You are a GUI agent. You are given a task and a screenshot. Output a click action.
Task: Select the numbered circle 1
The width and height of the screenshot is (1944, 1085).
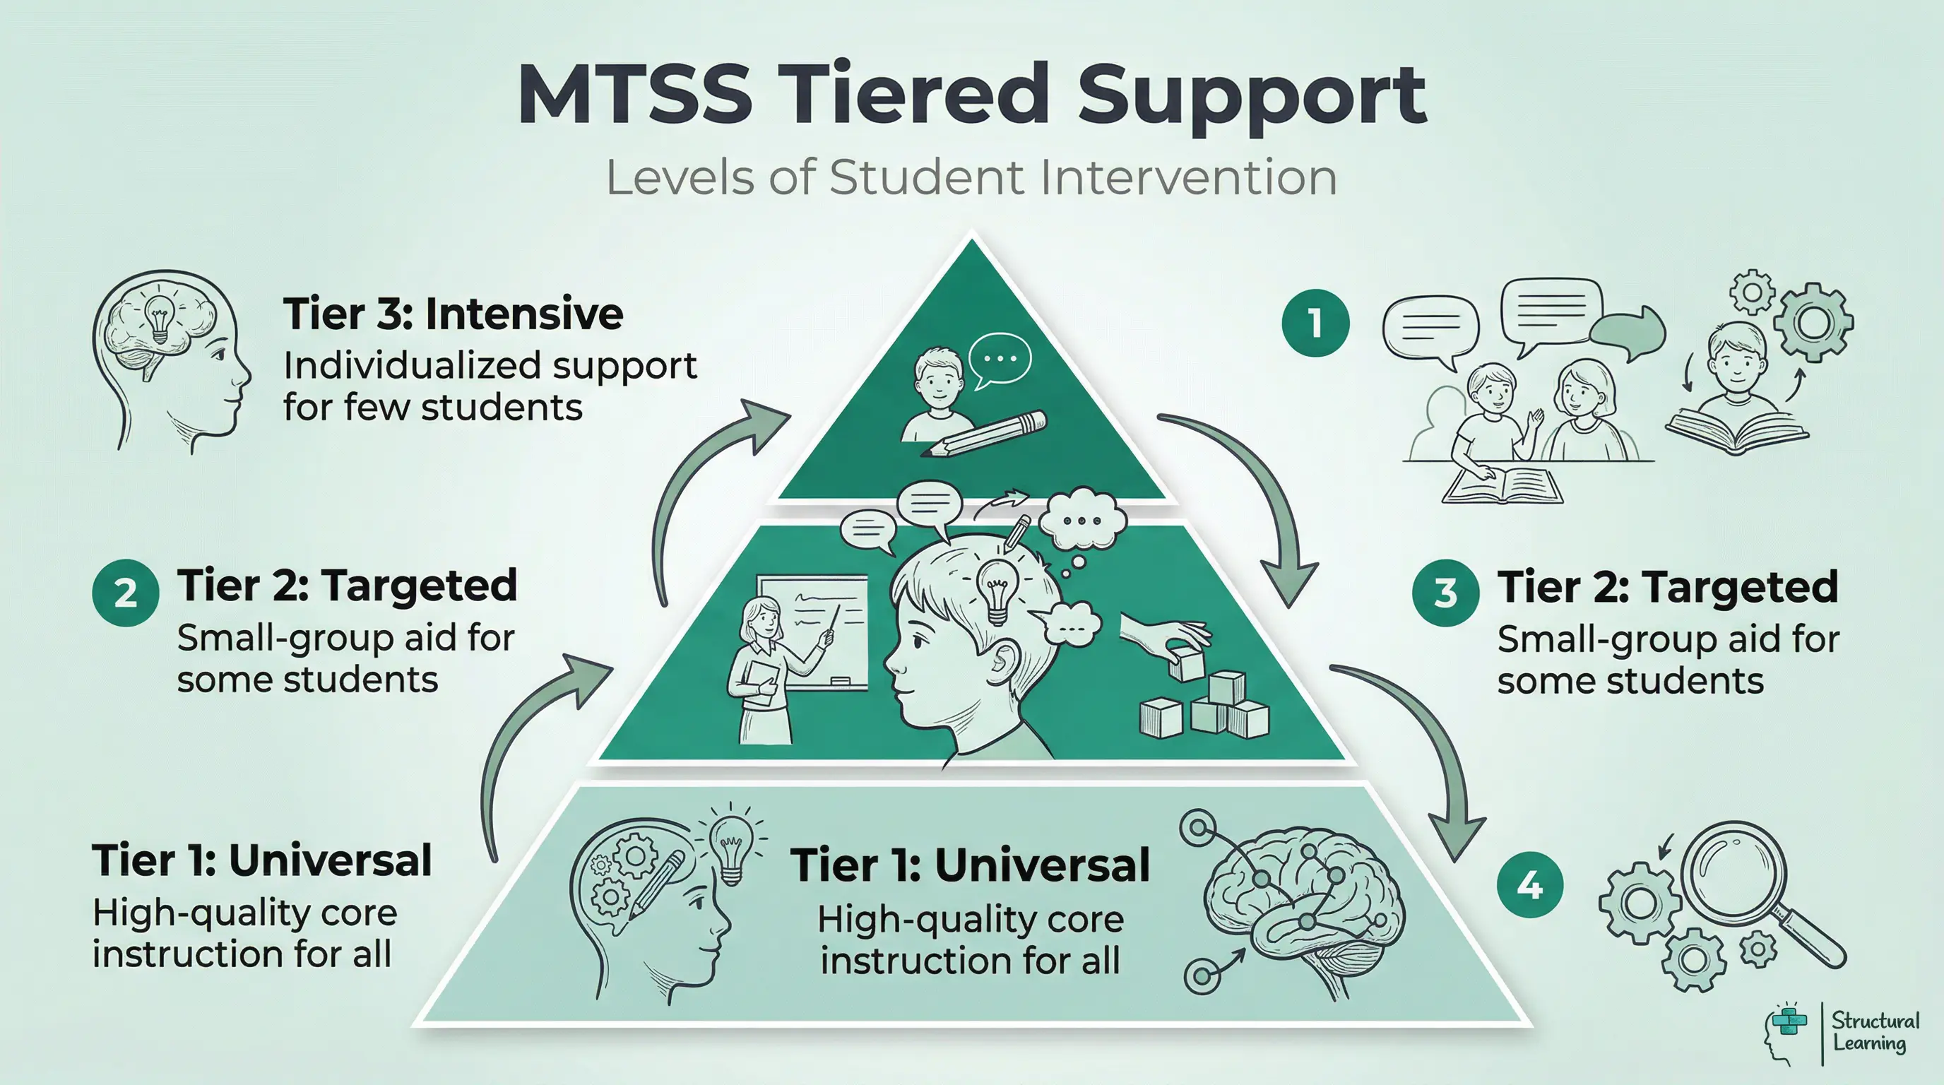tap(1315, 323)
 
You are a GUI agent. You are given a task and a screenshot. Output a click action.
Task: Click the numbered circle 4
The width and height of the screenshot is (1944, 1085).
tap(1529, 884)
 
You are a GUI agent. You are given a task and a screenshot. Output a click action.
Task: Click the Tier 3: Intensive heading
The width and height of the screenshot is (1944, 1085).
tap(453, 314)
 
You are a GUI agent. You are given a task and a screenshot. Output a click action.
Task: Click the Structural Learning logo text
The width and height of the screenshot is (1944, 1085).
tap(1875, 1032)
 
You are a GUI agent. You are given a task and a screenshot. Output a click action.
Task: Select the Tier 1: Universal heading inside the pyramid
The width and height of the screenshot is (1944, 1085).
tap(970, 865)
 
